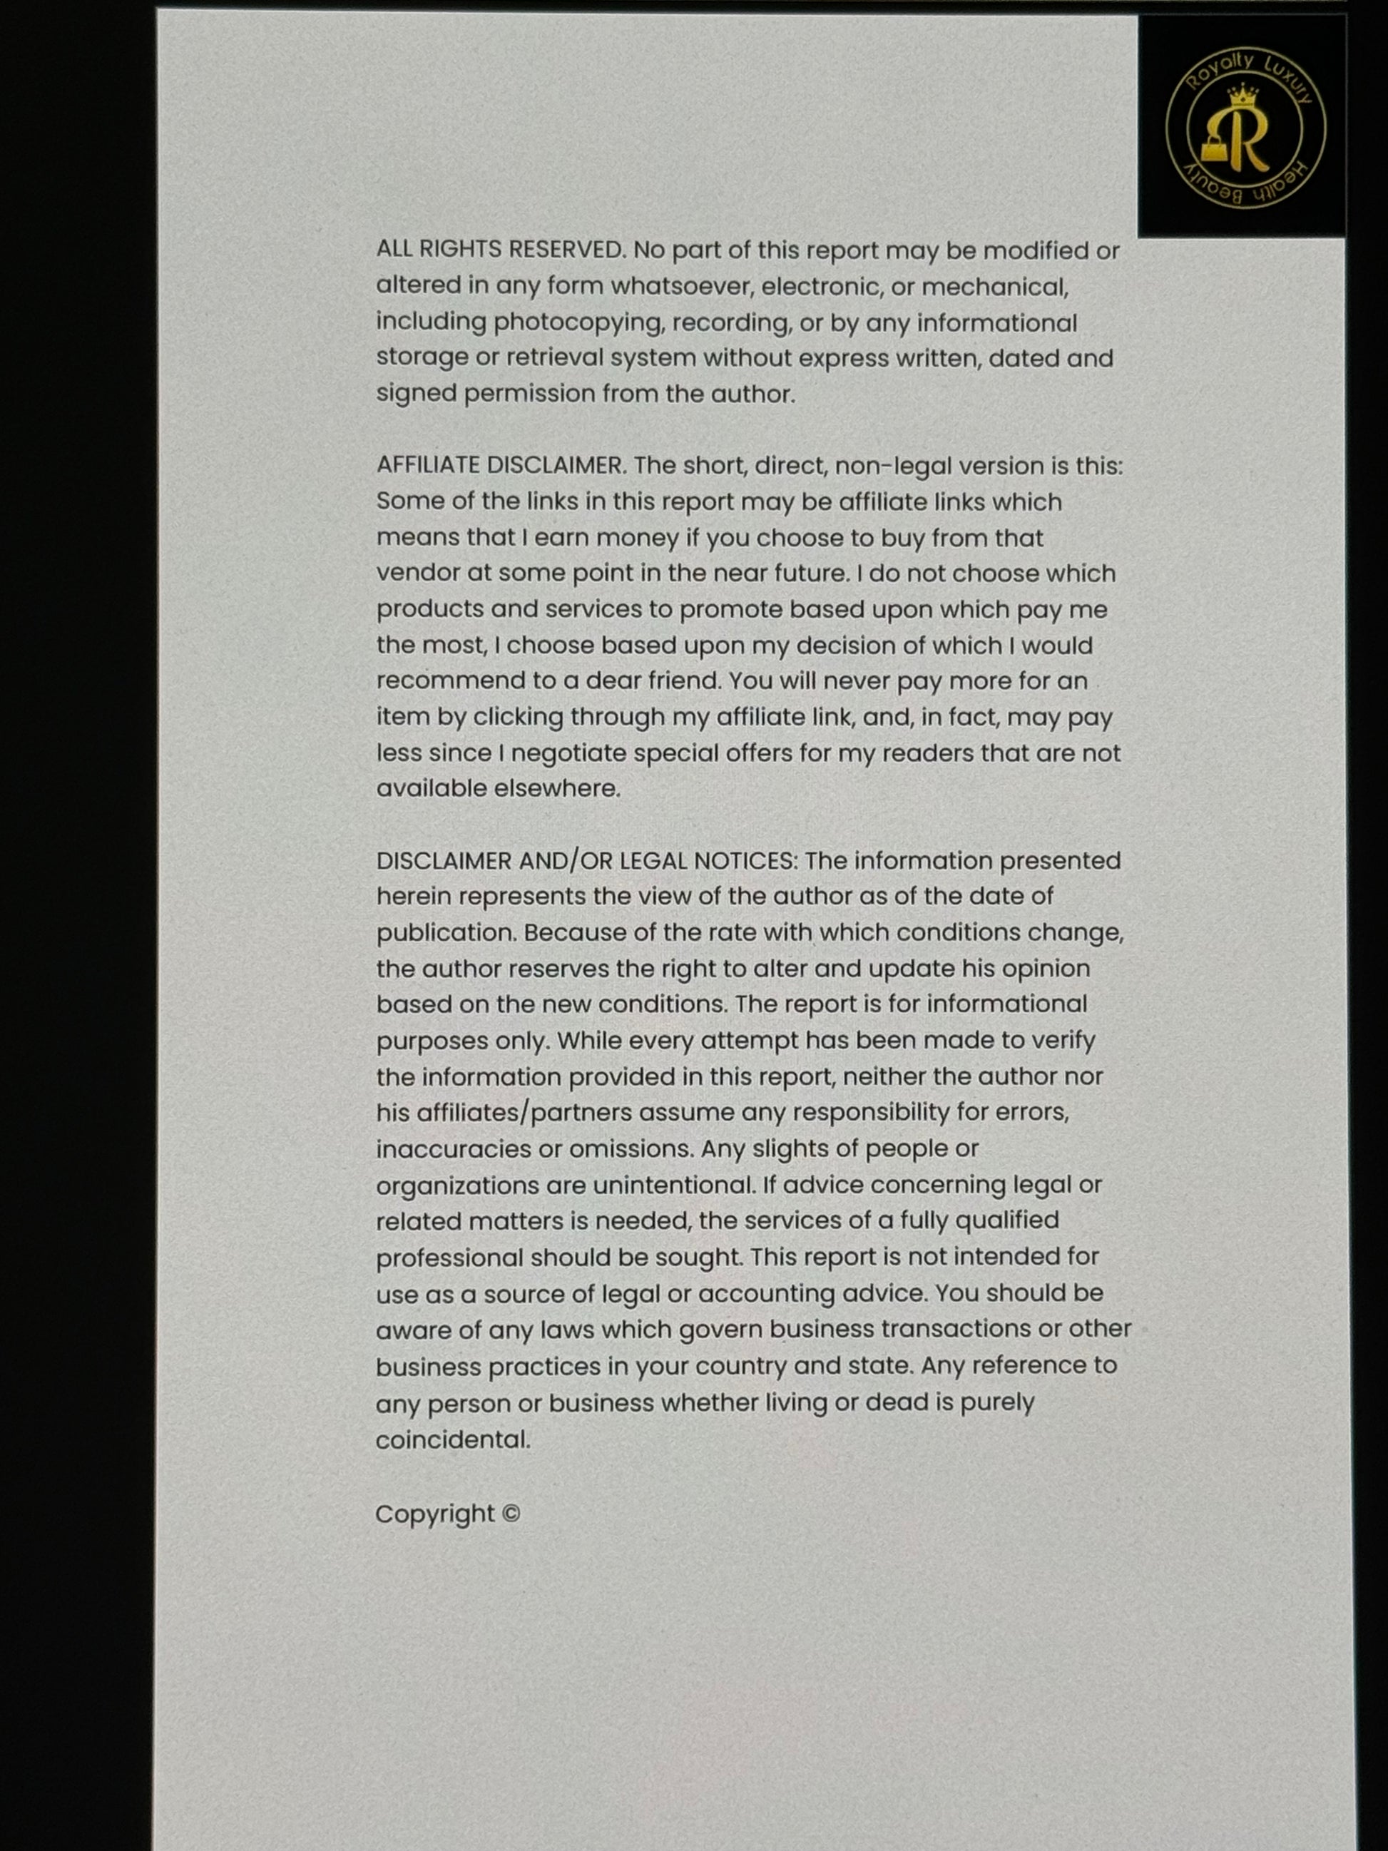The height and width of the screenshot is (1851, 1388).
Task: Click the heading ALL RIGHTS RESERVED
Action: coord(499,250)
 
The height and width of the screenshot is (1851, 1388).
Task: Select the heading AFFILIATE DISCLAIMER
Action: coord(499,465)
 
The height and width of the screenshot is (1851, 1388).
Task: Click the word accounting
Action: coord(765,1294)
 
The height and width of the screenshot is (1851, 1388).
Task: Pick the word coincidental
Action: coord(451,1440)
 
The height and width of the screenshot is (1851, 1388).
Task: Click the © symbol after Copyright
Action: coord(511,1514)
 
